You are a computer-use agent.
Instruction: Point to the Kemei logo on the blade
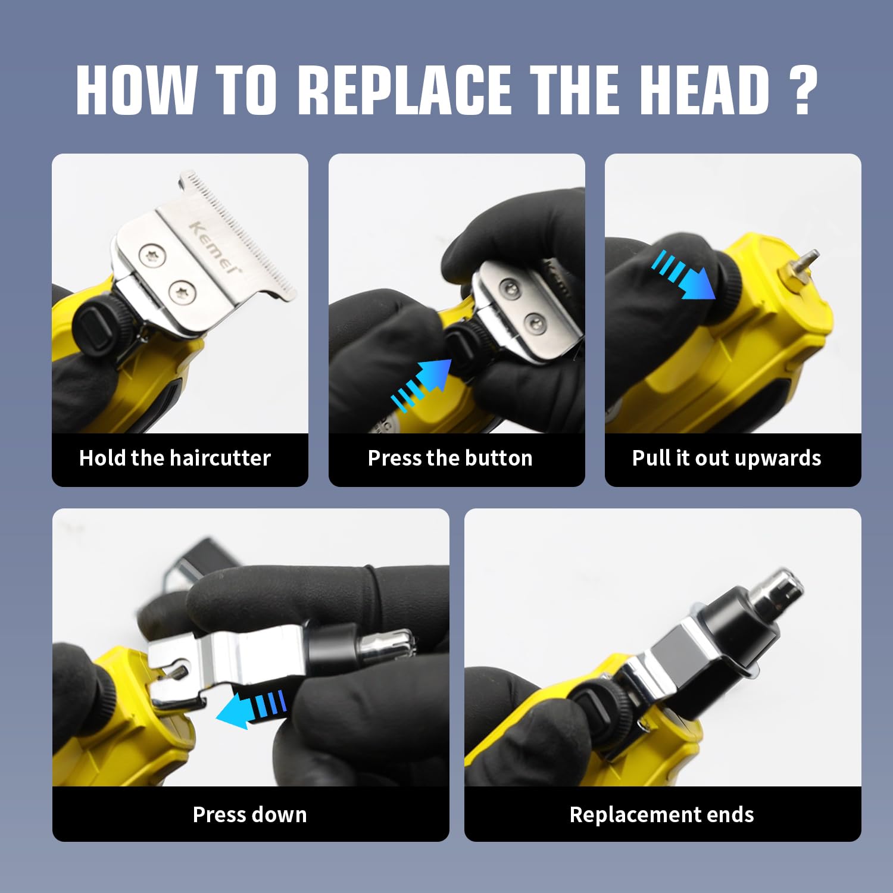pos(216,246)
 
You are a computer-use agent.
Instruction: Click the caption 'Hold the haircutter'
pos(175,458)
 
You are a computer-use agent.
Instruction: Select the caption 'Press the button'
pos(450,458)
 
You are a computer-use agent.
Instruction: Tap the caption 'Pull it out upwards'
pos(727,458)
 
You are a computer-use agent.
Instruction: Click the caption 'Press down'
pos(250,814)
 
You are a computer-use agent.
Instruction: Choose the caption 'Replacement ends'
pos(662,814)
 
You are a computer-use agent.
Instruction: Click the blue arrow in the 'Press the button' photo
pos(421,385)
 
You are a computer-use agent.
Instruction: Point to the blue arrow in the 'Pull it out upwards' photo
pos(683,274)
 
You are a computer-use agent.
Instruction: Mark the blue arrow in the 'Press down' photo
pos(251,709)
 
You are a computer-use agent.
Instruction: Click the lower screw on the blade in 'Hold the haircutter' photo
pos(182,291)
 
